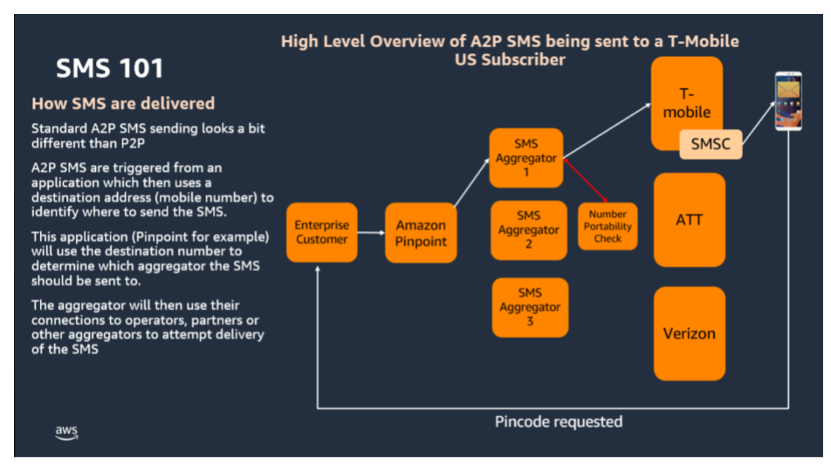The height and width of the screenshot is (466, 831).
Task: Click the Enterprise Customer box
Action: coord(321,232)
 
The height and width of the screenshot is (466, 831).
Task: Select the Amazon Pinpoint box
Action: coord(421,233)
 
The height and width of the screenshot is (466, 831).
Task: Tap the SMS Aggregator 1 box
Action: coord(525,158)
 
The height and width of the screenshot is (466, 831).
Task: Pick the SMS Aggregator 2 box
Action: coord(528,230)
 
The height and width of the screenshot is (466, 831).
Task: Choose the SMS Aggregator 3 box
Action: coord(529,307)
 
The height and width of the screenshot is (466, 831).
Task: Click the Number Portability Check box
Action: coord(608,226)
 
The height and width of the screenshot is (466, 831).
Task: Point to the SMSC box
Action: coord(711,144)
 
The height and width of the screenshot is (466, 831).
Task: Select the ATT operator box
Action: coord(689,220)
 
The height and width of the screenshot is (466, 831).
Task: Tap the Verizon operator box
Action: coord(689,333)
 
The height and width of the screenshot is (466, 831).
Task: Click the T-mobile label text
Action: coord(687,103)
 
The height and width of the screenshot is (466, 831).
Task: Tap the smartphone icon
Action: coord(788,102)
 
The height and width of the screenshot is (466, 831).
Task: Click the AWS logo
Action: coord(66,433)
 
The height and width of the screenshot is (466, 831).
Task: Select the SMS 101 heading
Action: coord(109,68)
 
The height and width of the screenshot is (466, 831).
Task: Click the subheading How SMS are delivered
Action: coord(123,104)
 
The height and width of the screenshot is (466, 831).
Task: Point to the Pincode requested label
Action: coord(559,421)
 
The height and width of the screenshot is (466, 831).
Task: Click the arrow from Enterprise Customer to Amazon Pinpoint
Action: coord(371,233)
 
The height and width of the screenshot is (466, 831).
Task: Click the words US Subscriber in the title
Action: coord(509,60)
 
